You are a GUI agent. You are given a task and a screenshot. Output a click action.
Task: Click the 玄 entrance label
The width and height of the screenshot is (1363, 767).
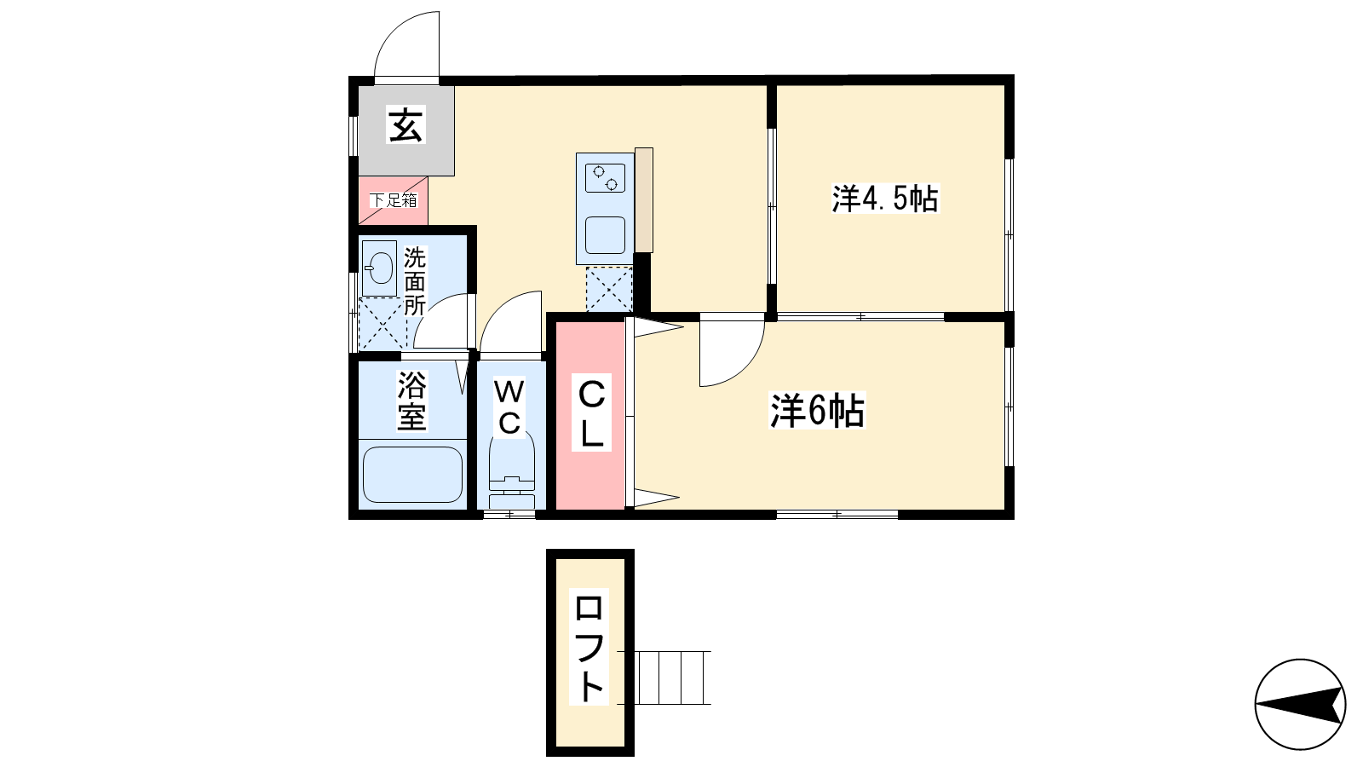(405, 124)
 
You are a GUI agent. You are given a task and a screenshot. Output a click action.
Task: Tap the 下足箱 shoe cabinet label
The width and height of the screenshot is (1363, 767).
(394, 200)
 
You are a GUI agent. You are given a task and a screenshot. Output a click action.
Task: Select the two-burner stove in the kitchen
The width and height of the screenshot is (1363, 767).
(605, 178)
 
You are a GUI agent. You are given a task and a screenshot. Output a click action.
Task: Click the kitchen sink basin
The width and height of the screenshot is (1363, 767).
(605, 235)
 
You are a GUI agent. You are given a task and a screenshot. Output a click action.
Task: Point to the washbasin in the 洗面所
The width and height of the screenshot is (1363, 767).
(380, 268)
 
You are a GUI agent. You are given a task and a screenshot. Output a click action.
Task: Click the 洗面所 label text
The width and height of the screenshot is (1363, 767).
(415, 281)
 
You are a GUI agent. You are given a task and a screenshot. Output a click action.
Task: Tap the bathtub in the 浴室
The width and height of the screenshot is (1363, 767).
(412, 475)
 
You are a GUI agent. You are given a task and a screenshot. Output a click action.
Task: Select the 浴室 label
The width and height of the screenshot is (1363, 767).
(412, 401)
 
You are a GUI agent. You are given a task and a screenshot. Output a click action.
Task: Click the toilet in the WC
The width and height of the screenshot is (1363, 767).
(512, 469)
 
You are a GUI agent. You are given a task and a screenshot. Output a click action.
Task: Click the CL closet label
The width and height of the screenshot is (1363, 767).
(591, 414)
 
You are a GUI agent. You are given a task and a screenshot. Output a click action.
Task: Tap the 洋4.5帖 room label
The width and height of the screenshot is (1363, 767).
(885, 199)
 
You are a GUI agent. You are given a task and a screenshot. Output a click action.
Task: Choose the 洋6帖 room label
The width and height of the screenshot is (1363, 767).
(817, 411)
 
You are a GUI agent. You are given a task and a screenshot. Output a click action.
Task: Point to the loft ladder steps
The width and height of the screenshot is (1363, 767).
(664, 678)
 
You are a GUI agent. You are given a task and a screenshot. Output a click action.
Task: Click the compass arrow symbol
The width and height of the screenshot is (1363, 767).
(1300, 704)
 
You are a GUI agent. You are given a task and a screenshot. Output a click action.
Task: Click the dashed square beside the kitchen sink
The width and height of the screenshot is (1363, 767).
(609, 289)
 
